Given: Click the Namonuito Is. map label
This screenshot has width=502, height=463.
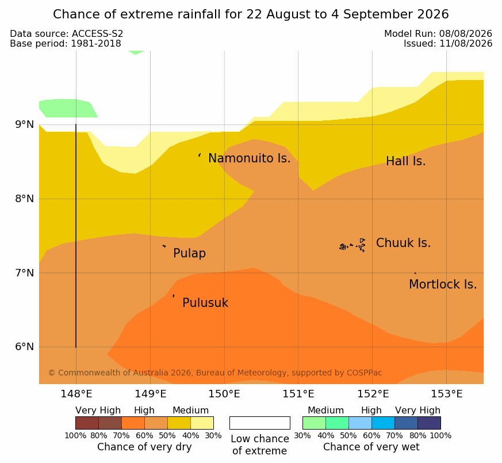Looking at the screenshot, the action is pos(249,158).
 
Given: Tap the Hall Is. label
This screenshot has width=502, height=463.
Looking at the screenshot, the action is pos(405,161).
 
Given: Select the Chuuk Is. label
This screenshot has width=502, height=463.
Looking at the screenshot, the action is pos(403,243).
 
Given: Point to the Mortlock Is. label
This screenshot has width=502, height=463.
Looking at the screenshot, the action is pos(443,284).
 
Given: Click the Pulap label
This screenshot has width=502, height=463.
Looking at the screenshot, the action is pos(189,253).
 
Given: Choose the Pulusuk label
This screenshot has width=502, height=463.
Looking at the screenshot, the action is pos(205,303).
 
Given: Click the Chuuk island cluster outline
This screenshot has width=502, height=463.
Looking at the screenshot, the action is pos(352,245).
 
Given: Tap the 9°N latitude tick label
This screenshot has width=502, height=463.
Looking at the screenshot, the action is pos(25,124).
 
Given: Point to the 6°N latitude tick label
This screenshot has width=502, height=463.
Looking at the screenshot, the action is pos(25,347).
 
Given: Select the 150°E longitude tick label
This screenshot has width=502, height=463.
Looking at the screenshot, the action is pos(224,394).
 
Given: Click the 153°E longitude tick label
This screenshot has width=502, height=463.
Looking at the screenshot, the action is pos(446,394).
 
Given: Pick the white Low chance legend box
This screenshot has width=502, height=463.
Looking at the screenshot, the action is pos(260,423).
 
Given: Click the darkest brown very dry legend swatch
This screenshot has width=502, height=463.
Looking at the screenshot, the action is pos(87,423).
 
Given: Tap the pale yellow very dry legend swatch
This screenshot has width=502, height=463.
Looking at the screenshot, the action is pos(202,423).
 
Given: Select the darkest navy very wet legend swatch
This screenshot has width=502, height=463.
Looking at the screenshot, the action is pos(429,423).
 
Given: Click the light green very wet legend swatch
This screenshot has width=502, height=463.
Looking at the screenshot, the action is pos(314,423).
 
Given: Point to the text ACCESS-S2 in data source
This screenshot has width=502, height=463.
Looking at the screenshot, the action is pos(97,34).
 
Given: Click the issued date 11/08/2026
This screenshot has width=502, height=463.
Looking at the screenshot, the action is pos(466,44).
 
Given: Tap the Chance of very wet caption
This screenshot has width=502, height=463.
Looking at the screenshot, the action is pos(371,447).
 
